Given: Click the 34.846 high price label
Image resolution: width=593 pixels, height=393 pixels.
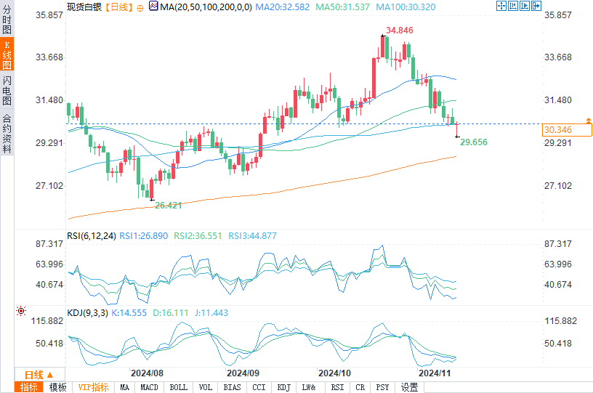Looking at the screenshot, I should point(400,31).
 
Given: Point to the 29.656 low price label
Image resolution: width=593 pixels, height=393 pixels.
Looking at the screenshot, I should point(473,142).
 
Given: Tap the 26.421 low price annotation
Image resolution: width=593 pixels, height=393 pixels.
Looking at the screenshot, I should point(169,206).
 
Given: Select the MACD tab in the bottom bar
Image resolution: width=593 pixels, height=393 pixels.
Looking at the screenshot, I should point(150,387).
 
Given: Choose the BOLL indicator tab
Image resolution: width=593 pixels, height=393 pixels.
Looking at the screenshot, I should point(178,387).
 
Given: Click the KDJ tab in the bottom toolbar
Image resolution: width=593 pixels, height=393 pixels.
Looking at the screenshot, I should point(284,387).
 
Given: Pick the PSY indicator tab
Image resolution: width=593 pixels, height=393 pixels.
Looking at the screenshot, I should point(382,387).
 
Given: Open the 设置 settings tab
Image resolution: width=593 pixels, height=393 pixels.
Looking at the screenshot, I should point(409,387).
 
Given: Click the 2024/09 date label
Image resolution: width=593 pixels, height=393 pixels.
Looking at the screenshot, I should point(243,372).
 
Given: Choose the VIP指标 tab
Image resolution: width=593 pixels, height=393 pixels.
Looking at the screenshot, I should point(93,387).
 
